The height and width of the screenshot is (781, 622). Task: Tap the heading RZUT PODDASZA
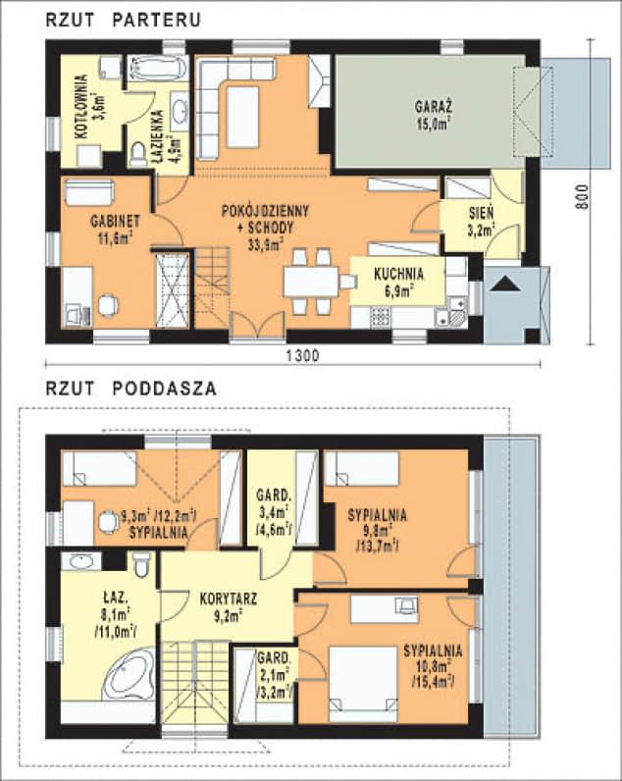(130, 389)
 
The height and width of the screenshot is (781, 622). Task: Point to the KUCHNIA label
(398, 274)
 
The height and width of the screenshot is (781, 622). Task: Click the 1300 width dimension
(292, 356)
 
